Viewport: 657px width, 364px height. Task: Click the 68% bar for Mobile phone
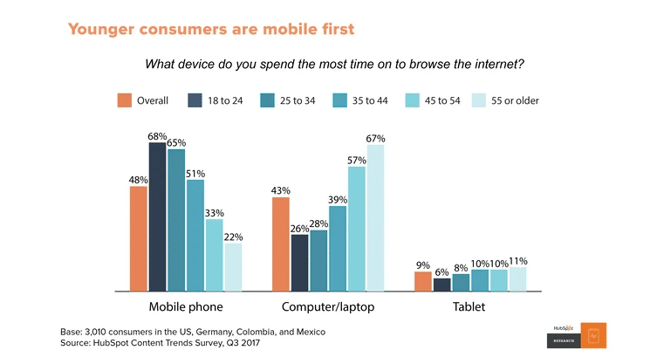coord(157,216)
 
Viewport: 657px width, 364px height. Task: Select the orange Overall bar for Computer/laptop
coord(281,244)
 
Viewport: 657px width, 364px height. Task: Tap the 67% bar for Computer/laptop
coord(375,217)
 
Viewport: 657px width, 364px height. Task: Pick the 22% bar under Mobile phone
coord(233,266)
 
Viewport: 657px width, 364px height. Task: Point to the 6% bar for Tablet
coord(442,284)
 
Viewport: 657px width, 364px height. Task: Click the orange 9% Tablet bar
coord(423,281)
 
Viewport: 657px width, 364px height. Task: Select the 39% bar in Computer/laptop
coord(338,248)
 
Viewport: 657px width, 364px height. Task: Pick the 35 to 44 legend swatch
coord(338,100)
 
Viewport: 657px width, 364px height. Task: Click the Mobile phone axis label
coord(186,307)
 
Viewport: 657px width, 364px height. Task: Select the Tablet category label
coord(469,307)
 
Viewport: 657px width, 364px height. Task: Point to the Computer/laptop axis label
coord(328,307)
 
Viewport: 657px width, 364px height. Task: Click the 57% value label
coord(356,161)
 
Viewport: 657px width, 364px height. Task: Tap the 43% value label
coord(281,191)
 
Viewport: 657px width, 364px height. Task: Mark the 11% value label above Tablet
coord(517,261)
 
